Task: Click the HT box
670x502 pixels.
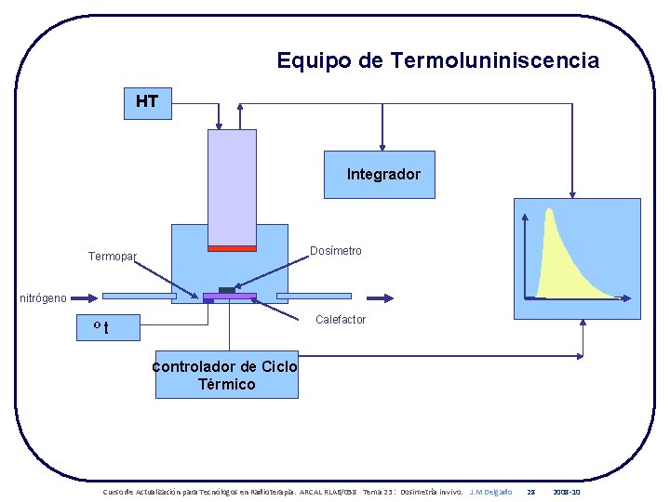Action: point(147,102)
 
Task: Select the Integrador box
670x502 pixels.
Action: point(379,175)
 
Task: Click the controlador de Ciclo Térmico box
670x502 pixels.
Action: point(226,375)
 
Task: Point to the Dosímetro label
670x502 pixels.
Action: point(335,251)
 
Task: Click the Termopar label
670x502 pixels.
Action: point(112,256)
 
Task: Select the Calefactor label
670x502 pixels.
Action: point(341,320)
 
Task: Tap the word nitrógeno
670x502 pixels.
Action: point(43,298)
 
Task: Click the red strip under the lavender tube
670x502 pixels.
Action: point(232,248)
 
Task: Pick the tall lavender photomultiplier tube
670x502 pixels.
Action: point(232,186)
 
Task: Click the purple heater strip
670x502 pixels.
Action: point(230,297)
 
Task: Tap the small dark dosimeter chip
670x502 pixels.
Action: point(227,290)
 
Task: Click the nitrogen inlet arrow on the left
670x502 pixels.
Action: point(82,298)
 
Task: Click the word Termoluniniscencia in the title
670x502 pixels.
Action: point(495,61)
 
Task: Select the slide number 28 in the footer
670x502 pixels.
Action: point(530,491)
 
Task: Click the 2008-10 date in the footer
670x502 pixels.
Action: point(566,491)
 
